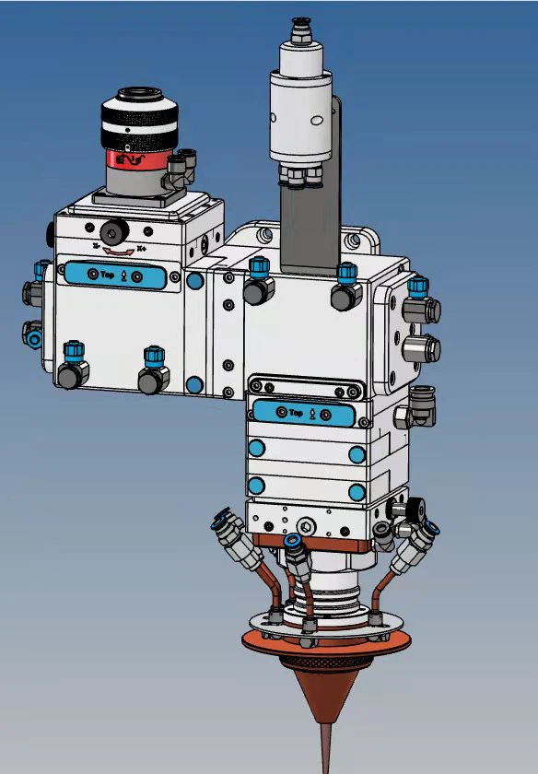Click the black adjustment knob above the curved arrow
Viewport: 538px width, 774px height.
(115, 229)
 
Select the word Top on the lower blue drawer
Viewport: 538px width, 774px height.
(297, 414)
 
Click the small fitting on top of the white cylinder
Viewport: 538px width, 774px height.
(299, 28)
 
